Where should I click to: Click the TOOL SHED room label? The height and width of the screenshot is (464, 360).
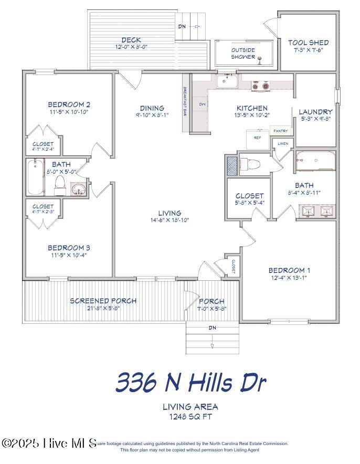click(309, 43)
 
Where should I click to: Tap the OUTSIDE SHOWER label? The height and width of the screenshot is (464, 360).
click(243, 54)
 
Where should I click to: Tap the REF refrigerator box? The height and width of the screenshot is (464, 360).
click(257, 138)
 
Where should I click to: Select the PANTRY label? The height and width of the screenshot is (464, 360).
click(279, 131)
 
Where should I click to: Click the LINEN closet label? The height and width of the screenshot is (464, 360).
click(283, 143)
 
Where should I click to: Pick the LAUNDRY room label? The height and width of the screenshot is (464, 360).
click(315, 112)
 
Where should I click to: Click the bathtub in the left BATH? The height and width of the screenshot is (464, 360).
click(36, 177)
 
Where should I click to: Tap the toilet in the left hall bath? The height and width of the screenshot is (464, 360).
click(60, 184)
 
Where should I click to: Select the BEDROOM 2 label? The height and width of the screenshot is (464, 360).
click(69, 104)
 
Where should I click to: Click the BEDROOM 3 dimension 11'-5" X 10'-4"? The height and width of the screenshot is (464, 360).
click(69, 256)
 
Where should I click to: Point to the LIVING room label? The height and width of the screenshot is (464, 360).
click(169, 213)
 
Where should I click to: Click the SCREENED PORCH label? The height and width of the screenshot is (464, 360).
click(103, 301)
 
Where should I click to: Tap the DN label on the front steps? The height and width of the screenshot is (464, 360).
click(213, 328)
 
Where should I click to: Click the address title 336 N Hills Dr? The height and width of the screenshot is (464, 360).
click(190, 382)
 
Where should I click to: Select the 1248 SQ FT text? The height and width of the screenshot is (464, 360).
click(183, 417)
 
